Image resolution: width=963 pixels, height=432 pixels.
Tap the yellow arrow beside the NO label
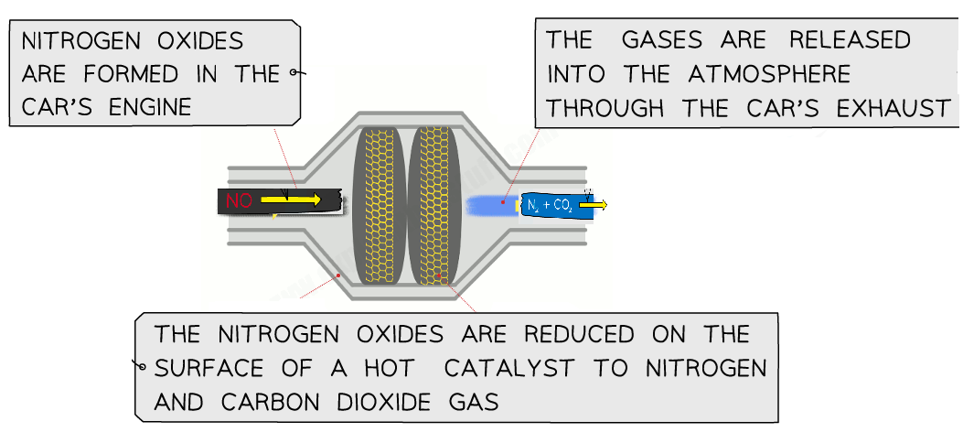click(x=290, y=200)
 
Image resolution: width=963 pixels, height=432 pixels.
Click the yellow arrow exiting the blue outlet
click(x=593, y=205)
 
